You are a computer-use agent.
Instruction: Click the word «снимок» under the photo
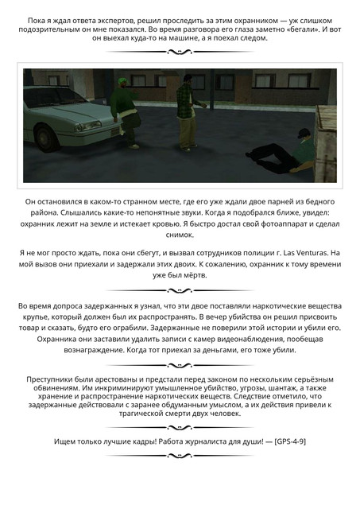180,236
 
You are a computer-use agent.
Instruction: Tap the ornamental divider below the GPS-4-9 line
180,457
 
